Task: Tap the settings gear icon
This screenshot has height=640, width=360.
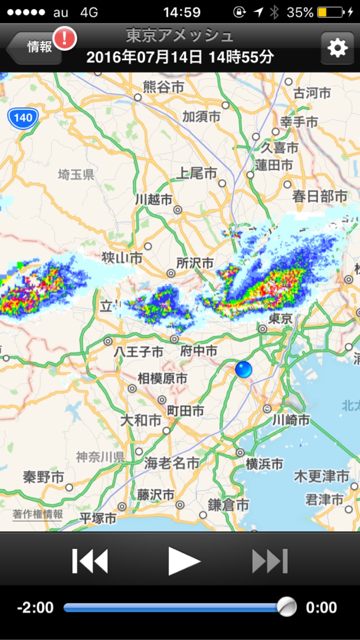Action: pyautogui.click(x=337, y=48)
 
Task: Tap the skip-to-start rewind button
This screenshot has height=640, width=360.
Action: pyautogui.click(x=90, y=561)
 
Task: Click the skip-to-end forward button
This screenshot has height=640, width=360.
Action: pyautogui.click(x=270, y=561)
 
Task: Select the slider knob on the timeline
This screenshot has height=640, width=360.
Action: pyautogui.click(x=286, y=607)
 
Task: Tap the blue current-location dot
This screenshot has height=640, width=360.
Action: pyautogui.click(x=243, y=370)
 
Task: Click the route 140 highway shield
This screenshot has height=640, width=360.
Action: pyautogui.click(x=23, y=118)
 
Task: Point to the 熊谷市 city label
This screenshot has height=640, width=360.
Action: pyautogui.click(x=163, y=87)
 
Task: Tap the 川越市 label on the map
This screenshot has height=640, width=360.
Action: pyautogui.click(x=153, y=199)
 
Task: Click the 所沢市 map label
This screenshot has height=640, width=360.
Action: pyautogui.click(x=195, y=263)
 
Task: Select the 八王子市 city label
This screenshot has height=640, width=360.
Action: pyautogui.click(x=138, y=352)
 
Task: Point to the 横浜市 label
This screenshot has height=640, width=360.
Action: pyautogui.click(x=264, y=464)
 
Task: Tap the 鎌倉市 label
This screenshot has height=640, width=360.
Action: pyautogui.click(x=228, y=505)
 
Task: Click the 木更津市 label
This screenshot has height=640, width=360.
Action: pyautogui.click(x=321, y=476)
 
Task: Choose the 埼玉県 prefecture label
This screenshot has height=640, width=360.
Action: pyautogui.click(x=76, y=174)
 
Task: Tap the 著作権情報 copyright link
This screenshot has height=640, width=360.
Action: pyautogui.click(x=38, y=514)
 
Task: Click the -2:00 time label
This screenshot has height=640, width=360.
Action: pyautogui.click(x=35, y=608)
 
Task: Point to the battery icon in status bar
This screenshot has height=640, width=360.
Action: pyautogui.click(x=330, y=12)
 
